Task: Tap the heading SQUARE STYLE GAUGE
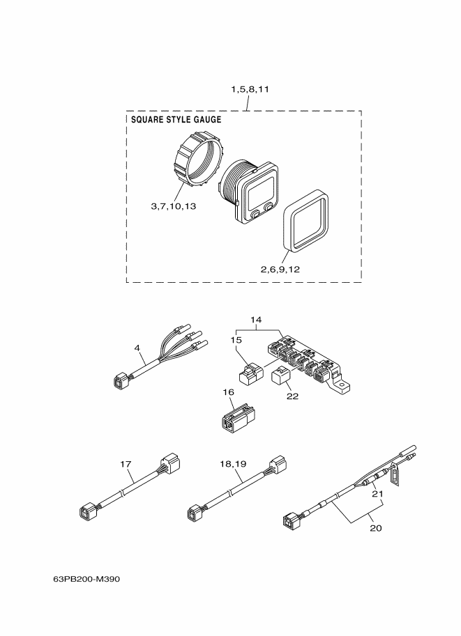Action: pyautogui.click(x=176, y=120)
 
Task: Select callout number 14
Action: pyautogui.click(x=256, y=320)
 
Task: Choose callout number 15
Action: pyautogui.click(x=237, y=339)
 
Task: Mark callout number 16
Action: pyautogui.click(x=229, y=393)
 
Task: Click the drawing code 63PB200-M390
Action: pyautogui.click(x=81, y=579)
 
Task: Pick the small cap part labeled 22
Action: pyautogui.click(x=282, y=378)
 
